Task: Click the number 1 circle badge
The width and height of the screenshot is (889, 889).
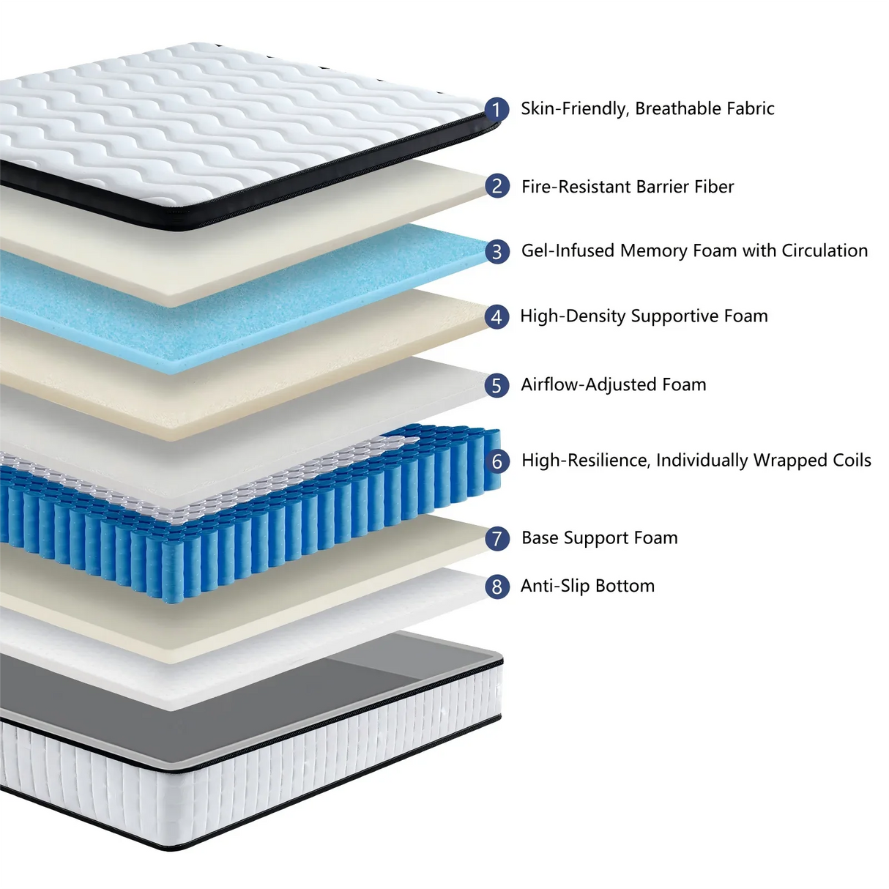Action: pyautogui.click(x=496, y=110)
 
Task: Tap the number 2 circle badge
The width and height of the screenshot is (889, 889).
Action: pyautogui.click(x=497, y=187)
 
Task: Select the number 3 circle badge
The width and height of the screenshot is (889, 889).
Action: pyautogui.click(x=497, y=252)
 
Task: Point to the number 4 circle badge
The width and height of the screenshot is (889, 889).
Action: pyautogui.click(x=497, y=317)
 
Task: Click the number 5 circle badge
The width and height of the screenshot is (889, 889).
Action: pyautogui.click(x=497, y=386)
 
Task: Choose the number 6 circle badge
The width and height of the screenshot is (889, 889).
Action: pyautogui.click(x=497, y=461)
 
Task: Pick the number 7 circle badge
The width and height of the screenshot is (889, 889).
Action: pyautogui.click(x=497, y=539)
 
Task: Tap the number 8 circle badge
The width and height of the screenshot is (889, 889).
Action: pyautogui.click(x=497, y=587)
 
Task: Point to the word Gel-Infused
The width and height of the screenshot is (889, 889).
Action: pyautogui.click(x=568, y=250)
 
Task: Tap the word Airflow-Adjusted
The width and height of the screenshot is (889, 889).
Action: pyautogui.click(x=589, y=384)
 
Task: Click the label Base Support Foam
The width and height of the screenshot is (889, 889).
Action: pyautogui.click(x=599, y=538)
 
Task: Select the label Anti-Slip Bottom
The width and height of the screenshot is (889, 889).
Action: pyautogui.click(x=587, y=586)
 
